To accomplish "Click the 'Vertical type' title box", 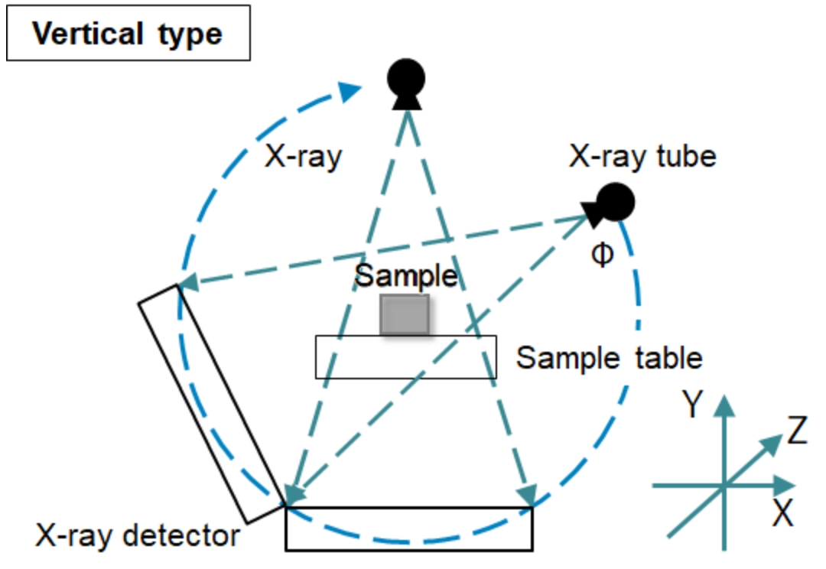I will point(128,33).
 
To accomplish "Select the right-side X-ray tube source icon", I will point(613,203).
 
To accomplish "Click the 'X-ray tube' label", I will point(643,157).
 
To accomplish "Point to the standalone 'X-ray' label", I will point(303,158).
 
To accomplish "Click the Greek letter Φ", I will point(603,255).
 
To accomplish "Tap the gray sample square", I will point(405,314).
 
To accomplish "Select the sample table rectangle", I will point(405,357).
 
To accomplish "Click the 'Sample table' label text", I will point(609,357).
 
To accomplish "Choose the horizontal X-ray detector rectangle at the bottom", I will point(408,528).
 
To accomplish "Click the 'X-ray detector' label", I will point(138,536).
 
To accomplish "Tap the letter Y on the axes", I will point(693,405).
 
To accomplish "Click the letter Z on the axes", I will point(796,434).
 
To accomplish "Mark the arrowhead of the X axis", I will point(783,485).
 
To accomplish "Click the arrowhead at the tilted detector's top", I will point(188,282).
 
